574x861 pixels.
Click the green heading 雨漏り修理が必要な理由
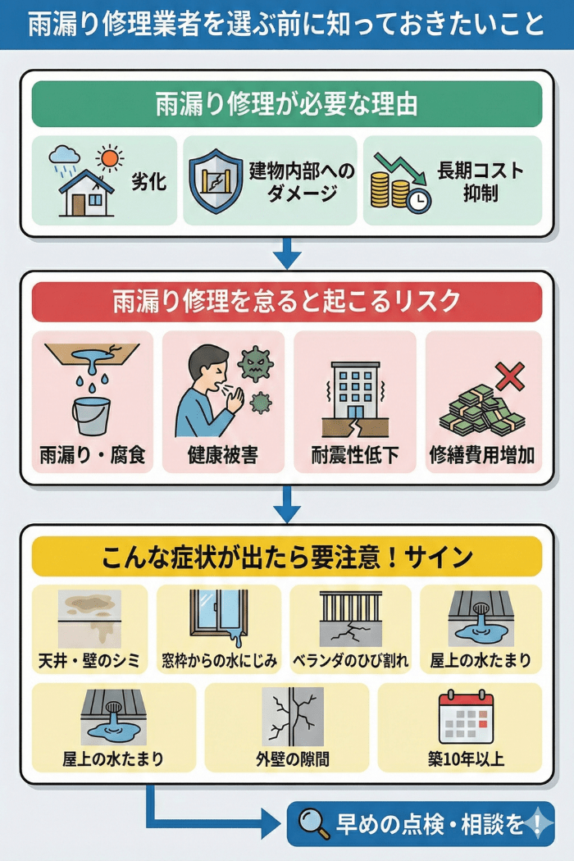(287, 105)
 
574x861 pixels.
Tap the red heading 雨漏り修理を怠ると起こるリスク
(287, 302)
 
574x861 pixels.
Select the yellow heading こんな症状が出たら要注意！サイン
(287, 558)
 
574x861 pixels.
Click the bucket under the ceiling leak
(90, 415)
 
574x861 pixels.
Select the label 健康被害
(223, 455)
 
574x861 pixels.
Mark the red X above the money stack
(510, 376)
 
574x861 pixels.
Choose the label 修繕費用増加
(483, 455)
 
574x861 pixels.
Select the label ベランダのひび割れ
(350, 660)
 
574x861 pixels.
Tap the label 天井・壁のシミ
(89, 660)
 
